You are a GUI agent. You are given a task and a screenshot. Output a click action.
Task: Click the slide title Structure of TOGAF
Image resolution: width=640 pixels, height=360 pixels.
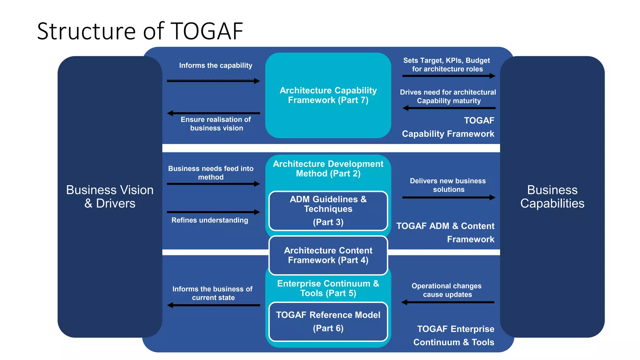point(140,31)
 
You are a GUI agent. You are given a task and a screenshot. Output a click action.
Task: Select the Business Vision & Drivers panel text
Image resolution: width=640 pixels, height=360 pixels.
point(110,197)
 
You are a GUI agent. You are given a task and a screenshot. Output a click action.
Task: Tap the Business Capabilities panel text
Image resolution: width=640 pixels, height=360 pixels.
point(552,197)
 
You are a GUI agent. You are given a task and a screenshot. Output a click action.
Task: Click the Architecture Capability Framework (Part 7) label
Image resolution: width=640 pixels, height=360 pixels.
point(328,95)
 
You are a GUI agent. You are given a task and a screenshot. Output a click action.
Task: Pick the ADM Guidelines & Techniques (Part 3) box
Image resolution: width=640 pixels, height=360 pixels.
point(328,211)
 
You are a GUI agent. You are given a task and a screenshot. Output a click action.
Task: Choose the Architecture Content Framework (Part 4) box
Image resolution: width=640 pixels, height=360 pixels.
point(328,255)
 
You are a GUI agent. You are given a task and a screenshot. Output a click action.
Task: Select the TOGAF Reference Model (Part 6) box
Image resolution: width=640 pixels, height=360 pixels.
point(328,321)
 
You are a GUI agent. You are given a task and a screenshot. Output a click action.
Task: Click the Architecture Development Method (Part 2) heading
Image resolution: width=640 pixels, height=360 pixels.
point(328,169)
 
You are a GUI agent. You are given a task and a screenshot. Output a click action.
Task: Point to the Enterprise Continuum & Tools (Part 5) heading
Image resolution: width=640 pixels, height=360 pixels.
point(328,288)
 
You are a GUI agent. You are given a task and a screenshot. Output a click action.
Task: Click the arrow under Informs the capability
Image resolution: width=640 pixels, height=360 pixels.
point(213,81)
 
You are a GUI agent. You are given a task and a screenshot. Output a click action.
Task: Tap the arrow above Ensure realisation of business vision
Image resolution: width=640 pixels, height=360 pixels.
point(213,113)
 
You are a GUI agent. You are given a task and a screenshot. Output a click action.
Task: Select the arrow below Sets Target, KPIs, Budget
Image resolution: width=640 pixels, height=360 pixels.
point(448,76)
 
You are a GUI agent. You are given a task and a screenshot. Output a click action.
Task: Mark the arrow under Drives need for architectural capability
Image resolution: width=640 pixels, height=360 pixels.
point(449,108)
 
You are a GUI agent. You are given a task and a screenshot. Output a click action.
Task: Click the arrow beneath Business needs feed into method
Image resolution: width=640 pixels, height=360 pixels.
point(213,184)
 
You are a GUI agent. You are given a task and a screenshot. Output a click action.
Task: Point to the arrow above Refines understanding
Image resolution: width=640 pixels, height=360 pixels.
point(213,212)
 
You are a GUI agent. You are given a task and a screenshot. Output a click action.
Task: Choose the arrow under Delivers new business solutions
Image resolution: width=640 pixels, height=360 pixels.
point(448,197)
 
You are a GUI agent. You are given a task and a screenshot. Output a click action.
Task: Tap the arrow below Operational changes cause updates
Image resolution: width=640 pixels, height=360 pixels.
point(447,302)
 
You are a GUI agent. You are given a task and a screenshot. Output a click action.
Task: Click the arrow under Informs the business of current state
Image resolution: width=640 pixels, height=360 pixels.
point(213,305)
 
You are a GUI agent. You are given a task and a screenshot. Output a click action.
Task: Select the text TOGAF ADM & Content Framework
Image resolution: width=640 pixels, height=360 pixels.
point(446,232)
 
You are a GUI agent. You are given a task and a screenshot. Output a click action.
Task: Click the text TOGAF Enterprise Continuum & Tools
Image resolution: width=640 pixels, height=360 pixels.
point(454,335)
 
